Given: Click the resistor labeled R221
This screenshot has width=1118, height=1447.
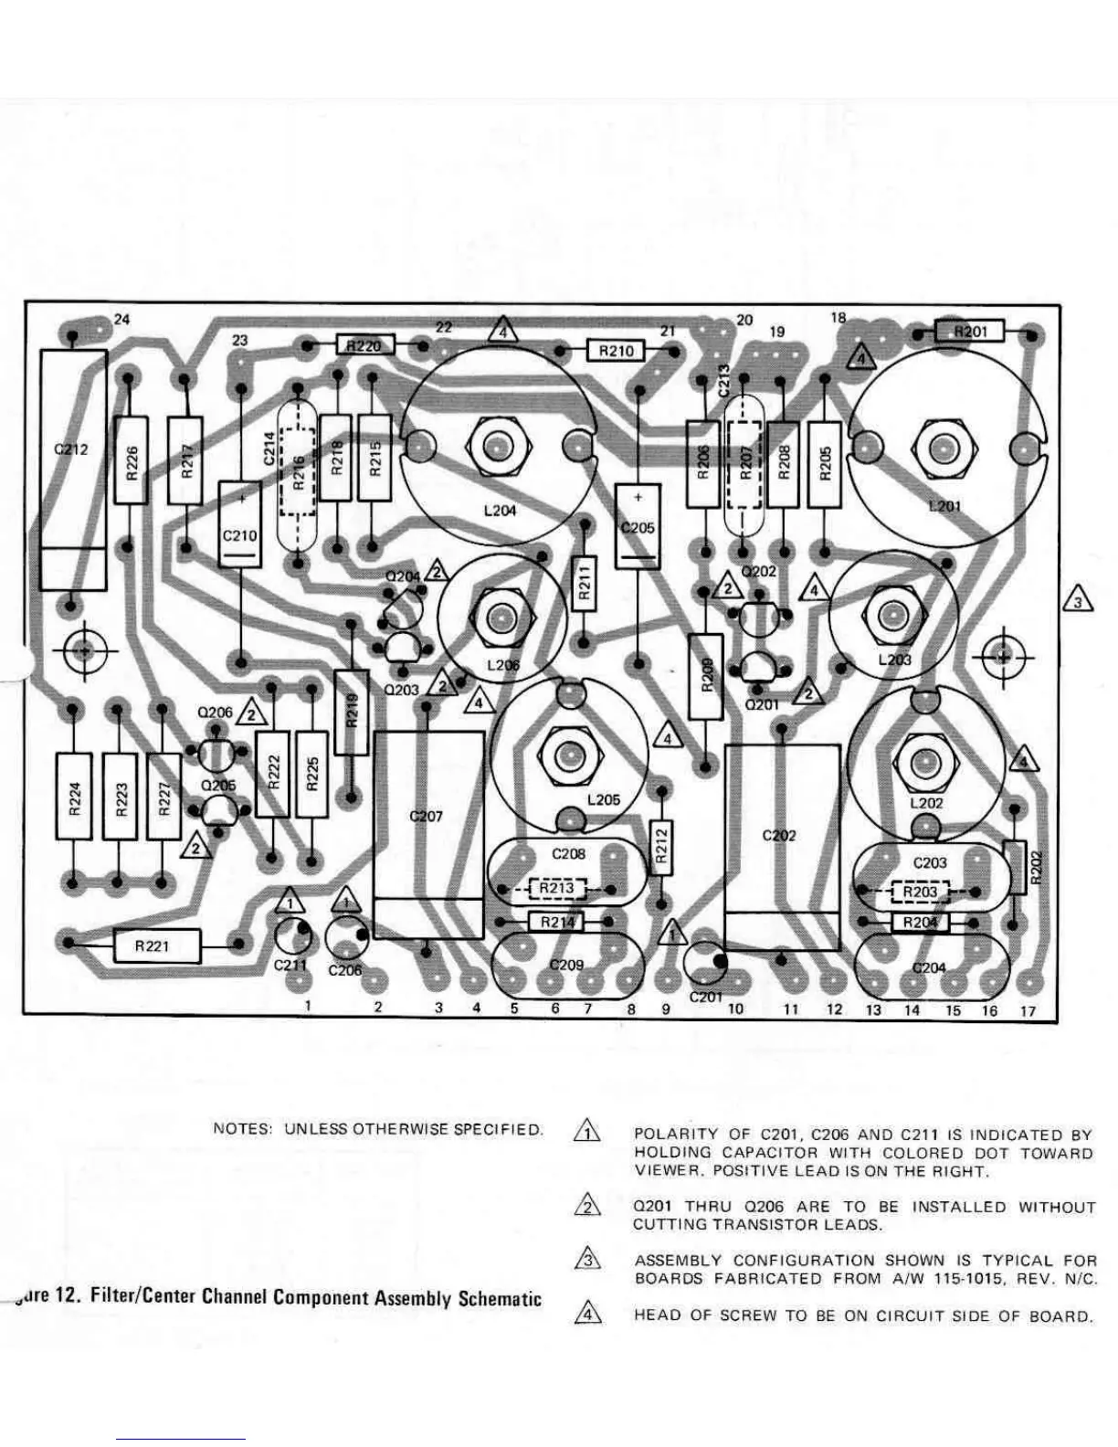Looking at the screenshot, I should (153, 945).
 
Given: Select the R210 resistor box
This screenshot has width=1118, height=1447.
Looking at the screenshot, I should (616, 351).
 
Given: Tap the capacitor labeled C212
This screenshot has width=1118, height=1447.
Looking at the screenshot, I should (73, 470).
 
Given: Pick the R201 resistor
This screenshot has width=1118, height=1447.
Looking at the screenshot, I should (970, 331).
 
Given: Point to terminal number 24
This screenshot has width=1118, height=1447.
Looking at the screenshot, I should (121, 320).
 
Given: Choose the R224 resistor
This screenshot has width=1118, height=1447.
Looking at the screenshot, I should (75, 797).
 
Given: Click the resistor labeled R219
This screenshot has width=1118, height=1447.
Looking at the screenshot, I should (353, 712).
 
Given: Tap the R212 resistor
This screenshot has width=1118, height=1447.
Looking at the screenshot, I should (662, 847).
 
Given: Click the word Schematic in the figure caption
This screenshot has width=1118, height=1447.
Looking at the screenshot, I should (500, 1299).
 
